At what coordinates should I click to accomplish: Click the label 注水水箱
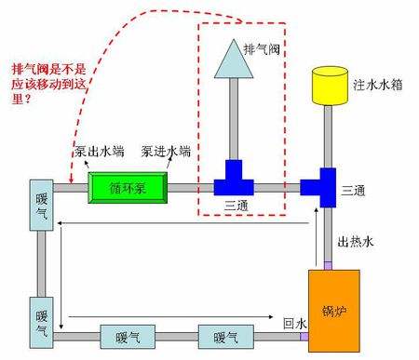click(x=377, y=85)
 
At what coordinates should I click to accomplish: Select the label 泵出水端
click(x=96, y=152)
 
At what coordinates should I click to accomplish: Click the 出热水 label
click(x=355, y=243)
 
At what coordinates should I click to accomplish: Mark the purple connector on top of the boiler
click(x=328, y=266)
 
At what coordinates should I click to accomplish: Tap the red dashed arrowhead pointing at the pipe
click(x=71, y=180)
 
